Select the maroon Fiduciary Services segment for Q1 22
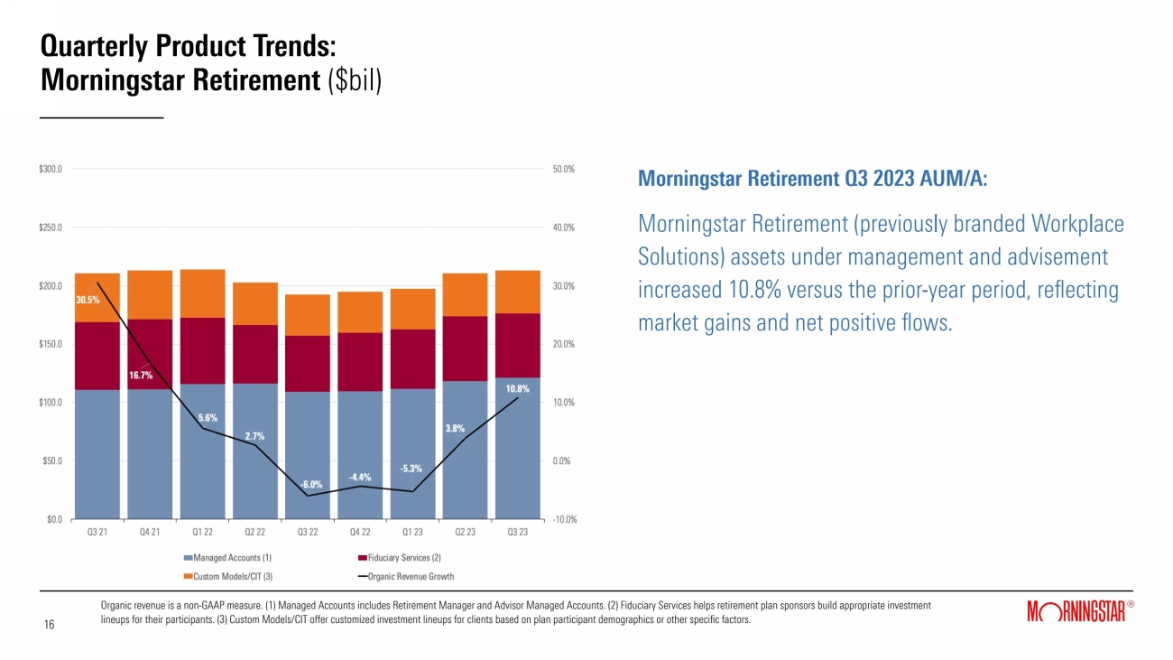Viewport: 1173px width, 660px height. (x=202, y=350)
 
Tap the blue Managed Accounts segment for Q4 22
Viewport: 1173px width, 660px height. (x=360, y=454)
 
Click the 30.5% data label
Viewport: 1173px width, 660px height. (x=88, y=300)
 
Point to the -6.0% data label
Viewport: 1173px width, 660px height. (x=311, y=484)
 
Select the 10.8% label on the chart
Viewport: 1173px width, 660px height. (x=517, y=389)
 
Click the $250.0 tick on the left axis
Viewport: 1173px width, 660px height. (x=50, y=228)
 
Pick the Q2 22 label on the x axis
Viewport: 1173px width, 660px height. (x=255, y=532)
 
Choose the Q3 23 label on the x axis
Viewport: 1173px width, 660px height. (x=518, y=532)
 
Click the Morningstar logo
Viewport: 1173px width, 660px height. (x=1076, y=613)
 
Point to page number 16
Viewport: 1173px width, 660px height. (x=51, y=624)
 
